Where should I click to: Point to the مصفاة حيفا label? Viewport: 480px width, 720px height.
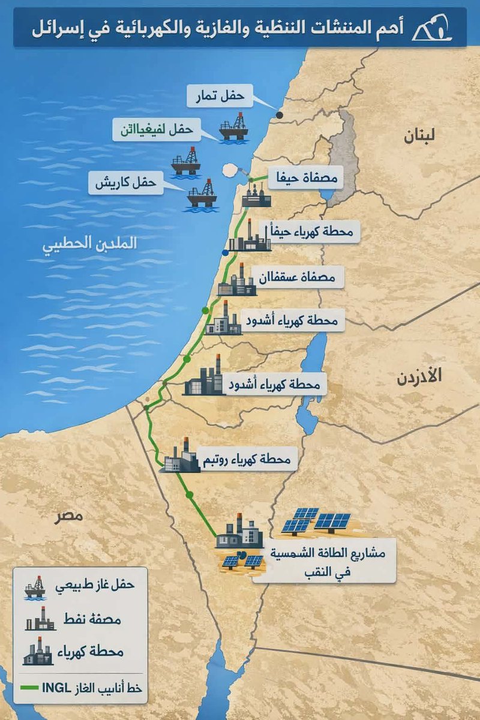[x=299, y=178]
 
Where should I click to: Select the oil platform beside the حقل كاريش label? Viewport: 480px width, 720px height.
[x=202, y=194]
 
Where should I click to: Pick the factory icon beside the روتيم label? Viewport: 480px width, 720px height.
[x=180, y=457]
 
